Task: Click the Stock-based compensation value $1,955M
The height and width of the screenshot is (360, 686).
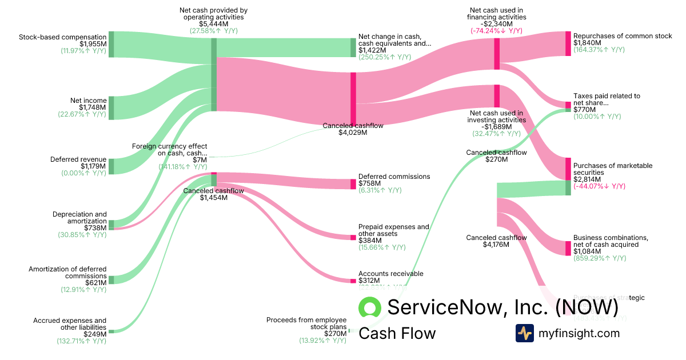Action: (x=93, y=44)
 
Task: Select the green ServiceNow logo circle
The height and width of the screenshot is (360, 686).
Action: (x=370, y=308)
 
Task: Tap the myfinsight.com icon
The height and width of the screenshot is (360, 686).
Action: (x=524, y=333)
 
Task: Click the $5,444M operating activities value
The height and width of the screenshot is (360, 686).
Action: (x=213, y=25)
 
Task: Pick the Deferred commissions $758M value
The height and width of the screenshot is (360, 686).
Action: (x=368, y=183)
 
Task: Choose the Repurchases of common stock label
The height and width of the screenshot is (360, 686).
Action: (x=623, y=36)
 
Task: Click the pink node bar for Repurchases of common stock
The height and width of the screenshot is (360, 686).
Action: (x=568, y=43)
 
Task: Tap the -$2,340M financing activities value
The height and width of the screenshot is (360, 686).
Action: (x=496, y=25)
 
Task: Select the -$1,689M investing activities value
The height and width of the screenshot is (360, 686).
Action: (x=496, y=127)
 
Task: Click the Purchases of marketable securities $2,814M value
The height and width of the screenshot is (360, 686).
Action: (x=587, y=179)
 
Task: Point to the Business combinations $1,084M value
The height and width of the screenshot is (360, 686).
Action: (x=587, y=251)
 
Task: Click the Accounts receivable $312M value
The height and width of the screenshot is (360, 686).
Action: (x=369, y=281)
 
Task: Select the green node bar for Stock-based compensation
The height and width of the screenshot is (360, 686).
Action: (x=111, y=44)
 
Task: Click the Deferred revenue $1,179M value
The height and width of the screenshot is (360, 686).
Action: (x=93, y=166)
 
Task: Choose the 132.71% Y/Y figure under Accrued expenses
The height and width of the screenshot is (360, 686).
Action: (x=81, y=341)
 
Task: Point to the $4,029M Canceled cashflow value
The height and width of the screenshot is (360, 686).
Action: (x=353, y=133)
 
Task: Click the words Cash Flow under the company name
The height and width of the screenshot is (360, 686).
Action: (x=397, y=334)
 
